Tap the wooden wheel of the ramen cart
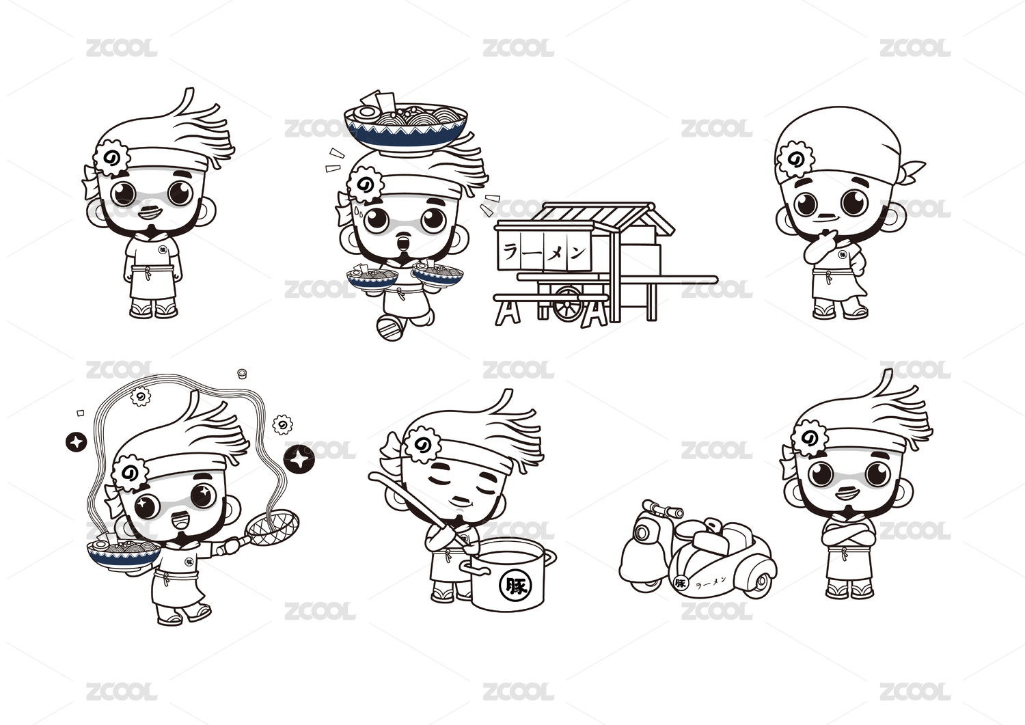pos(568,303)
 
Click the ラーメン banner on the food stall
pos(544,252)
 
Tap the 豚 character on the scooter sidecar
pos(681,583)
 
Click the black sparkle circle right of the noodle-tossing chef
pos(299,459)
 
